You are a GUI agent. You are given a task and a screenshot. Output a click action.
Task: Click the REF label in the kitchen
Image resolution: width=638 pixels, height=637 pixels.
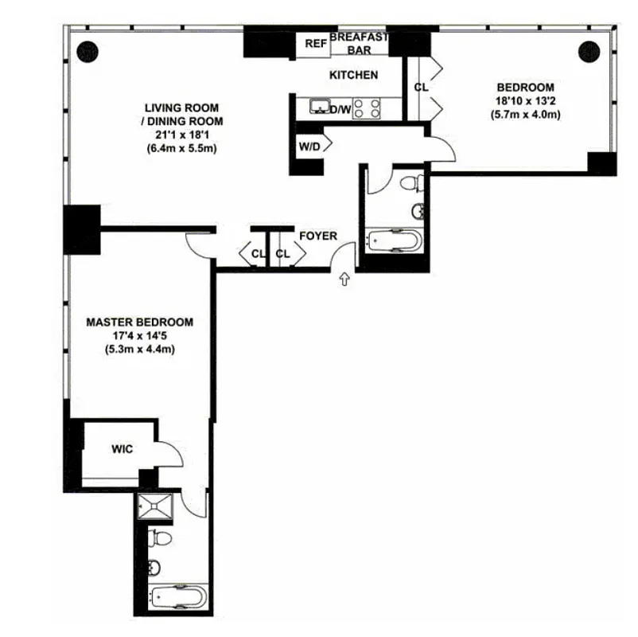pos(316,44)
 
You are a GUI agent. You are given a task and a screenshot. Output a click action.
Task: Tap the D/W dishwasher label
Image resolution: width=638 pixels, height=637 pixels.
pos(340,109)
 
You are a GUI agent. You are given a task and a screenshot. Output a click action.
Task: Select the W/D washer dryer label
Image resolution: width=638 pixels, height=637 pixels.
pos(309,147)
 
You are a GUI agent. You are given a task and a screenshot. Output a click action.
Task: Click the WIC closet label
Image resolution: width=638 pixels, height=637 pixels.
pos(122,450)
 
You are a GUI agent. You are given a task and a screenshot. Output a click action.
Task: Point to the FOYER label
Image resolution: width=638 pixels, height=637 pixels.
pos(318,236)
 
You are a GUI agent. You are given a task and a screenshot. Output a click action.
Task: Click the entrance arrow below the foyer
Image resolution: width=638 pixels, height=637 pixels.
pos(344,279)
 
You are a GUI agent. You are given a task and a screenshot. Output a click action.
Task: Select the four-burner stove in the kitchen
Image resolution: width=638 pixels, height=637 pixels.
pos(367,107)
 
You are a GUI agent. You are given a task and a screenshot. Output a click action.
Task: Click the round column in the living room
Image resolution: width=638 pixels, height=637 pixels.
pos(87,49)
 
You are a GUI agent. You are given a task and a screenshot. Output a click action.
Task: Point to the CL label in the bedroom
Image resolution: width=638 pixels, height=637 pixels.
pos(421,87)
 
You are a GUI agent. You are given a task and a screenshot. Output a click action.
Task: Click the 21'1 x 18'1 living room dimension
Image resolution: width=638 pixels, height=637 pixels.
pos(181,135)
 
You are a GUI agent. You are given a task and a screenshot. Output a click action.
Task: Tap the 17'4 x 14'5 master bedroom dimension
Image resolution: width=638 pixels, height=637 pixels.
pos(139,336)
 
